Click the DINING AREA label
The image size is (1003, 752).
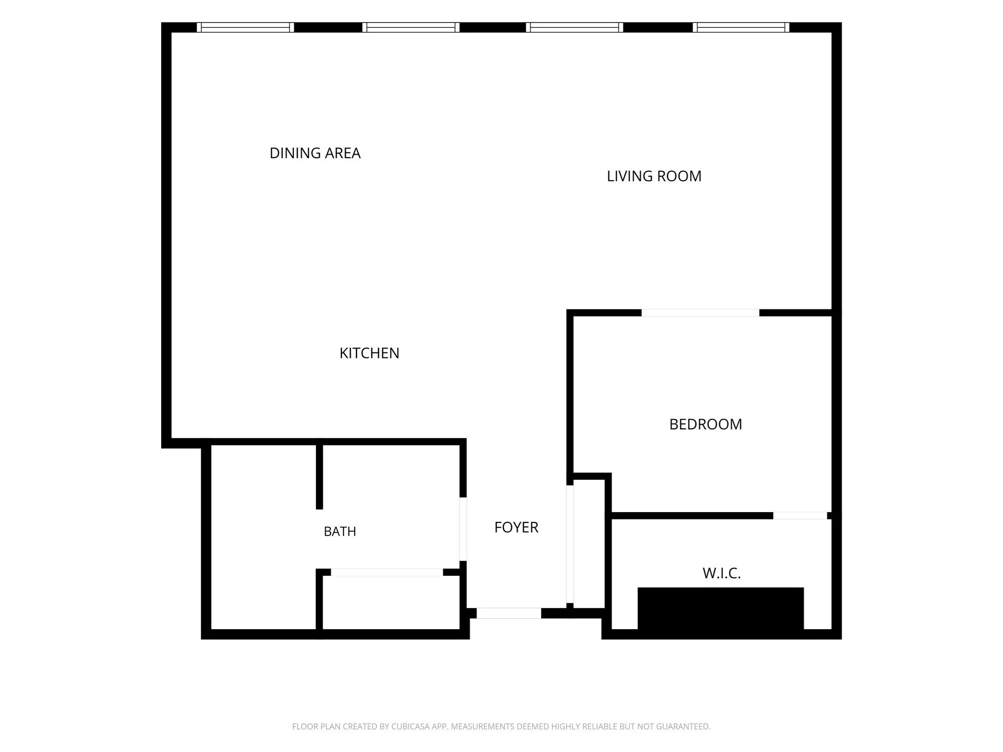click(x=315, y=153)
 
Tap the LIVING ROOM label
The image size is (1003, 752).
click(x=654, y=176)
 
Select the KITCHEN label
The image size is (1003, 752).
click(x=369, y=353)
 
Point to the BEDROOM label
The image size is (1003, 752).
click(x=705, y=424)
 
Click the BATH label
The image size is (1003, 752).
click(x=340, y=531)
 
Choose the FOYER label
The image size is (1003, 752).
click(x=516, y=527)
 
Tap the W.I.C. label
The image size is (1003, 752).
click(x=721, y=573)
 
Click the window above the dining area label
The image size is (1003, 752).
click(x=245, y=27)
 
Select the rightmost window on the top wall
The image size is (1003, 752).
click(x=741, y=27)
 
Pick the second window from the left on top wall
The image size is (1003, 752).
click(x=411, y=27)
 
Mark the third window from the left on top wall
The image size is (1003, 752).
click(x=574, y=27)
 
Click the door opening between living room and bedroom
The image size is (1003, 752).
click(x=700, y=313)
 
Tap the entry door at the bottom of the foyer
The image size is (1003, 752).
click(x=509, y=613)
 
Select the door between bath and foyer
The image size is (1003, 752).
click(x=463, y=529)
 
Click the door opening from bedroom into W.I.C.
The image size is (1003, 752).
click(x=800, y=516)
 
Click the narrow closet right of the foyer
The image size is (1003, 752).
click(x=589, y=544)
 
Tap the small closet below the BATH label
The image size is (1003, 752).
click(x=391, y=603)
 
